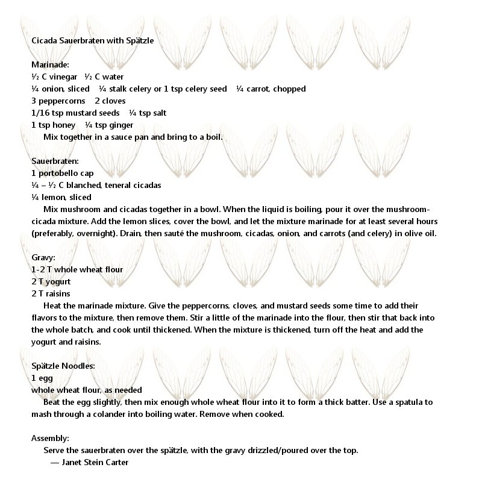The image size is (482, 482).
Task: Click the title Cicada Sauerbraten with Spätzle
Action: [x=92, y=41]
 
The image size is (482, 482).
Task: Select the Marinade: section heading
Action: [x=50, y=65]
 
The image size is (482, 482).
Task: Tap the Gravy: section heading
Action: [x=43, y=258]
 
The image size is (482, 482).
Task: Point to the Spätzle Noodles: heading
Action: [x=63, y=366]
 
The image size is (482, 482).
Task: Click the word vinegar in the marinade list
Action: [x=63, y=77]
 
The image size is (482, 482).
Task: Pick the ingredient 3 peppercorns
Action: [x=58, y=101]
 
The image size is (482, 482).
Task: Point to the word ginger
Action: [x=121, y=125]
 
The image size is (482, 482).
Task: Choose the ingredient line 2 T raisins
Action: [x=51, y=294]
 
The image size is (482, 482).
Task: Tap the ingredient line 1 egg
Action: [x=42, y=378]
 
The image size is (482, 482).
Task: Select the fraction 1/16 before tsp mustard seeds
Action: [x=40, y=113]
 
